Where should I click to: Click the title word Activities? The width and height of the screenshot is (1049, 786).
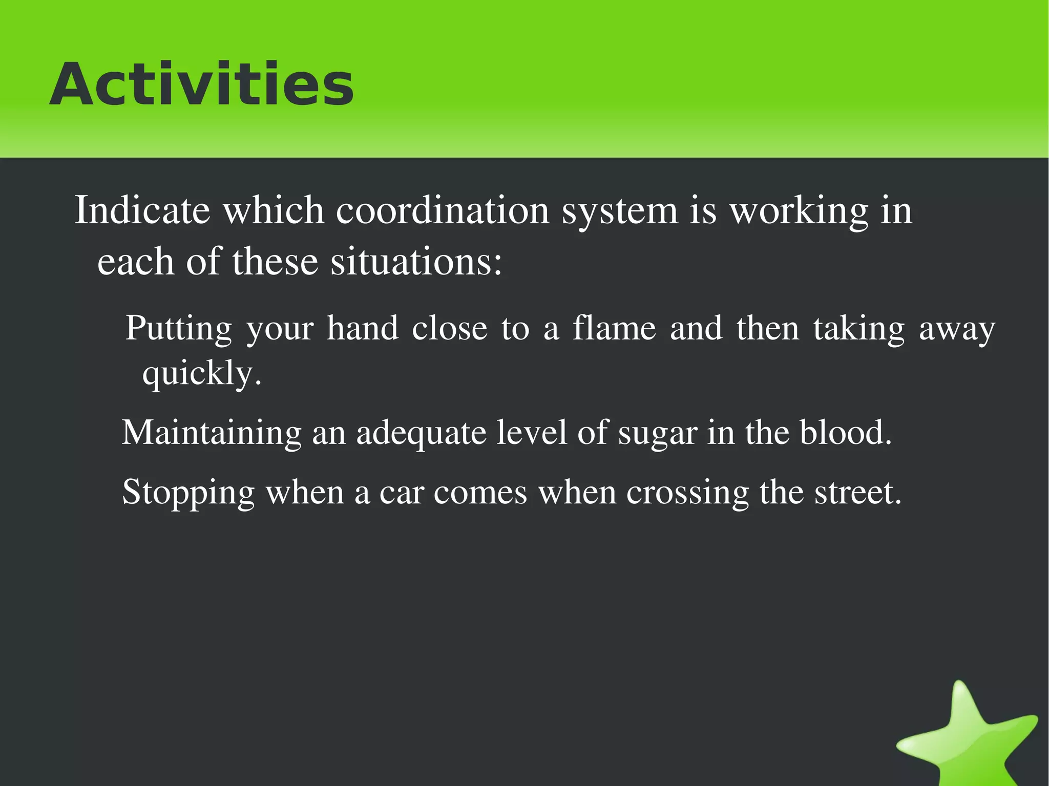201,84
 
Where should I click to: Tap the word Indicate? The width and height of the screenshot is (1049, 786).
142,210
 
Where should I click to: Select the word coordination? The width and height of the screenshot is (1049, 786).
443,210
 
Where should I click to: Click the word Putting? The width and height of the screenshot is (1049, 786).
179,329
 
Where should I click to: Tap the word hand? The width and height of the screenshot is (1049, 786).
363,328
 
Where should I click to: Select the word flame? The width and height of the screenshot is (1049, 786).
614,328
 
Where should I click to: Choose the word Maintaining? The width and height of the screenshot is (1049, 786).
212,433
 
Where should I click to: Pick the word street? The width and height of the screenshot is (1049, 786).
857,493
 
